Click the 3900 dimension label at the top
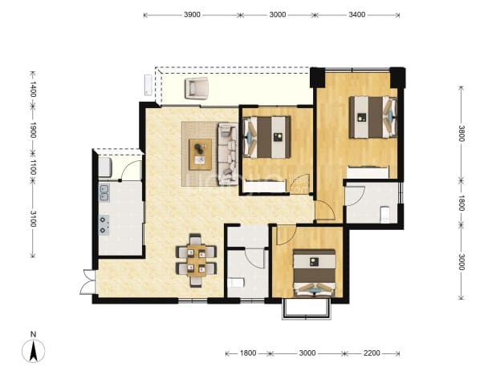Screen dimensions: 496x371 [192, 14]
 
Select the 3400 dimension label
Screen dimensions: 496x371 [357, 14]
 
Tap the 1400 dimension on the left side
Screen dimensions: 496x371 [33, 89]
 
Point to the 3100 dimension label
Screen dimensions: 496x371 [33, 219]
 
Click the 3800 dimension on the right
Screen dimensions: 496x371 [461, 134]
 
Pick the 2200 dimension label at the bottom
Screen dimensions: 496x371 [372, 353]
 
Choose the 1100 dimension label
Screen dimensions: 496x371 [33, 167]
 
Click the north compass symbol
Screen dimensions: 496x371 [33, 350]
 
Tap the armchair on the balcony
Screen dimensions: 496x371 [197, 89]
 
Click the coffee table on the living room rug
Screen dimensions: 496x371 [200, 154]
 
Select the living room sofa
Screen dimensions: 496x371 [228, 154]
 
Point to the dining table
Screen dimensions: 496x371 [196, 260]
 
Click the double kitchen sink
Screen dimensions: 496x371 [104, 193]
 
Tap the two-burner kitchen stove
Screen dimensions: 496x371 [104, 225]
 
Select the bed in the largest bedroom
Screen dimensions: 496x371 [373, 118]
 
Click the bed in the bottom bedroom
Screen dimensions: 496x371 [315, 272]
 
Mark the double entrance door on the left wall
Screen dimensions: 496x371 [87, 282]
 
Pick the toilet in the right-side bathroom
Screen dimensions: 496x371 [384, 214]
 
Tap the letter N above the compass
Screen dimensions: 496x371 [33, 334]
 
